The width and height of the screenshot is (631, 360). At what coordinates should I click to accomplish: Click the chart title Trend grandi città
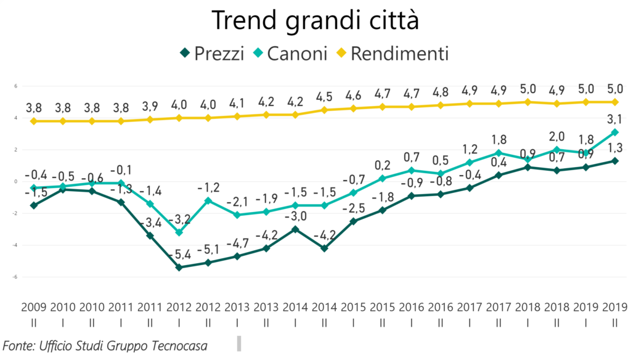coord(315,20)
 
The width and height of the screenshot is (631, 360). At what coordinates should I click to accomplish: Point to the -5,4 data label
coord(179,253)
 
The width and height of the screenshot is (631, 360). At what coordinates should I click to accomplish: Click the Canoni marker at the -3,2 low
coord(179,232)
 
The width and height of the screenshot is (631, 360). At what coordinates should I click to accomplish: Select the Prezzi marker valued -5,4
coord(179,268)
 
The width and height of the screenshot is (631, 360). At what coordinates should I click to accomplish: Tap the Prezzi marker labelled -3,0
coord(295,229)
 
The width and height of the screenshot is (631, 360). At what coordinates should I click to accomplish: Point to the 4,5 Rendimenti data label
coord(325,96)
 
